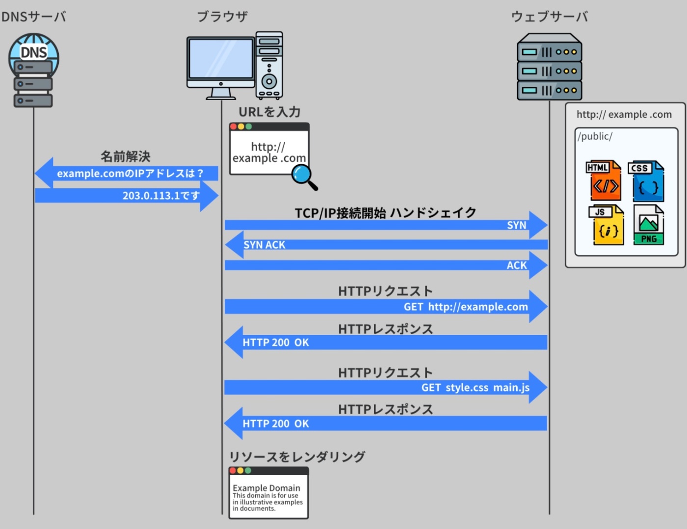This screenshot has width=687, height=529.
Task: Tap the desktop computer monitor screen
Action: tap(221, 58)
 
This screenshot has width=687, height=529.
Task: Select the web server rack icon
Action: tap(550, 68)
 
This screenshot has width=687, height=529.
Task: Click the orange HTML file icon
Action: tap(604, 181)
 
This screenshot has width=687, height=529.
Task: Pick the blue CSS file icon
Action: tap(647, 181)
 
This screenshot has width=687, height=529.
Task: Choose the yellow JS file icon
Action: tap(607, 225)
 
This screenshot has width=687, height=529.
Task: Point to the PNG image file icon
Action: tap(649, 225)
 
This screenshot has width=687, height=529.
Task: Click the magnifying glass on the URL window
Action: tap(303, 176)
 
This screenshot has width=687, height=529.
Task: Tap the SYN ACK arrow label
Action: tap(264, 245)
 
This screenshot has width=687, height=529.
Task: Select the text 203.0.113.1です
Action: tap(161, 195)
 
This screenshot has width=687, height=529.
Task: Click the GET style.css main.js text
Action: tap(475, 388)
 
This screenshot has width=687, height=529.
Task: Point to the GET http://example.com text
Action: tap(466, 307)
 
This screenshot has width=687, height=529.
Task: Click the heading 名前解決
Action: tap(126, 156)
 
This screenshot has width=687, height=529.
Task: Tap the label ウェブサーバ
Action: tap(550, 17)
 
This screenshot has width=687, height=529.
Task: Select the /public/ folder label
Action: tap(595, 137)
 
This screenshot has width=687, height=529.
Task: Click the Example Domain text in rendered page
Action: tap(266, 488)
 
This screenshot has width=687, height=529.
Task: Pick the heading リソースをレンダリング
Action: tap(297, 457)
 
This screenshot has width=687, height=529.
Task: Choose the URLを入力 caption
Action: tap(269, 112)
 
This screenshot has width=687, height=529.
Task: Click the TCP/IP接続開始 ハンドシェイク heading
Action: tap(386, 213)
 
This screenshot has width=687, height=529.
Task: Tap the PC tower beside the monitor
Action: tap(269, 66)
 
